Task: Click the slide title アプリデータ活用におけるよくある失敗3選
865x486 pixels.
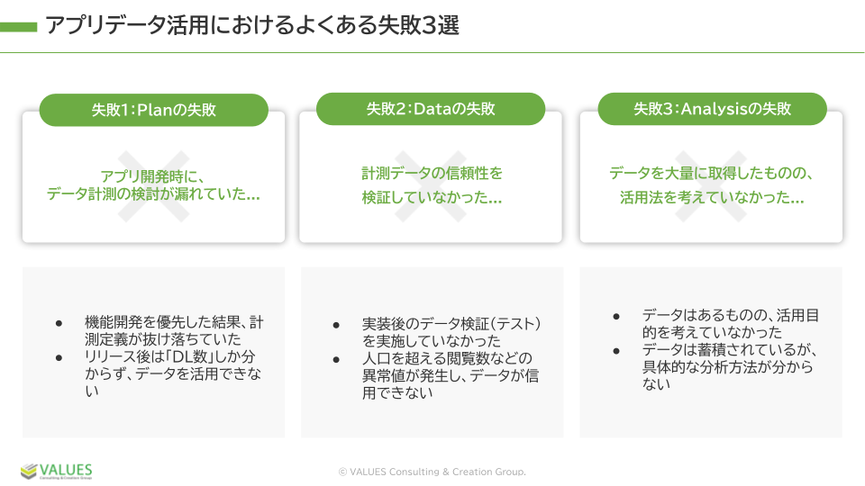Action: tap(252, 25)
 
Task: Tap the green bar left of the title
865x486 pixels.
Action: tap(18, 26)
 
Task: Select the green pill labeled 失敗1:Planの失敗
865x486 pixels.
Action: tap(154, 110)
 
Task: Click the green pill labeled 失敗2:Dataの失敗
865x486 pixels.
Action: tap(431, 109)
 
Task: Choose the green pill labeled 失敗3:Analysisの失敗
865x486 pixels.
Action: tap(712, 109)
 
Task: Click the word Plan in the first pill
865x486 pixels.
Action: tap(155, 110)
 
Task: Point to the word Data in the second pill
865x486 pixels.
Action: tap(432, 109)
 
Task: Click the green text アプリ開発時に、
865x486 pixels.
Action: tap(153, 176)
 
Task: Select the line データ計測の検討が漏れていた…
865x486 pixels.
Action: tap(153, 194)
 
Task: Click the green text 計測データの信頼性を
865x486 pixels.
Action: tap(432, 174)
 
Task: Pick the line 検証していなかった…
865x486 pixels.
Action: tap(432, 197)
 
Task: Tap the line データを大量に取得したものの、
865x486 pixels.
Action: tap(712, 174)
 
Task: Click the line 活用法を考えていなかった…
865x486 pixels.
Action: tap(712, 197)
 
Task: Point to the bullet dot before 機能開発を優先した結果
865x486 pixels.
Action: tap(59, 323)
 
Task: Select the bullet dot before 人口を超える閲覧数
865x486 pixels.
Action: tap(336, 360)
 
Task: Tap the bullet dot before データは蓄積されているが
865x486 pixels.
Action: tap(616, 351)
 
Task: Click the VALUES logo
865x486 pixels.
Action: tap(56, 471)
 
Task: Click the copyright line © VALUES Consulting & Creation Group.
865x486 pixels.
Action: tap(432, 472)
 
